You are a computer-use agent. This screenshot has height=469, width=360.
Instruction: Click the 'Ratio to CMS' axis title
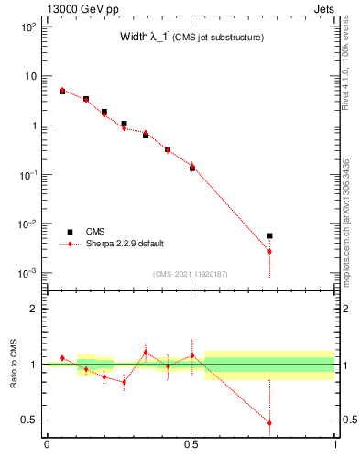[14, 365]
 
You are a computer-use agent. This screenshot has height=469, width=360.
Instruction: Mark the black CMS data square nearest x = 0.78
[269, 235]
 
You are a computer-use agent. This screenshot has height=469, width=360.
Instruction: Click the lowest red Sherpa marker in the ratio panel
[269, 423]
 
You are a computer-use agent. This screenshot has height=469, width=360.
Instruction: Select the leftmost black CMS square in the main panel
[62, 92]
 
